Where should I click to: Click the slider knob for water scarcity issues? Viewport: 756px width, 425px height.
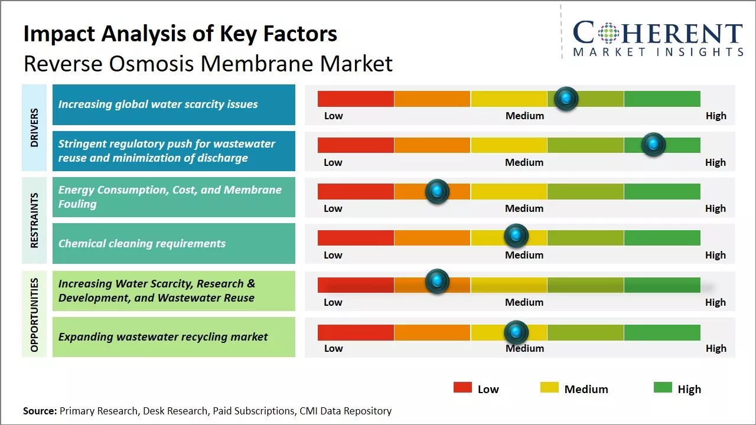(566, 99)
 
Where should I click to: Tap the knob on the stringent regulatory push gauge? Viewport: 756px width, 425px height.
(653, 145)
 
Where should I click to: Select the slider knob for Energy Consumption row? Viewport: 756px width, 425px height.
(437, 191)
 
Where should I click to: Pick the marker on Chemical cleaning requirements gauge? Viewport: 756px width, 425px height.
(516, 236)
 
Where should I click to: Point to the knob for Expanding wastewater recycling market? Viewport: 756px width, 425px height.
(516, 332)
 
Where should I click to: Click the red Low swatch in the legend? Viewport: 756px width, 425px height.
(462, 388)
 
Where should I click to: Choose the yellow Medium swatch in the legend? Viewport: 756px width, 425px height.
(549, 388)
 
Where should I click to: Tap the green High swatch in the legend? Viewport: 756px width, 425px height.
(663, 388)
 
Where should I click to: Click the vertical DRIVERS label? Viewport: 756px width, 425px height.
(34, 127)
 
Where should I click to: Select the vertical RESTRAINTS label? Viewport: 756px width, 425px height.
(34, 220)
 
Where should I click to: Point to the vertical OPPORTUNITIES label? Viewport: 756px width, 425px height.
(34, 315)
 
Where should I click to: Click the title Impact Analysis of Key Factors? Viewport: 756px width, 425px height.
(180, 34)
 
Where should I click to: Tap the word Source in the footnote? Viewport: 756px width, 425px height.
(40, 411)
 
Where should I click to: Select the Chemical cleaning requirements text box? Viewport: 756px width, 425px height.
(174, 243)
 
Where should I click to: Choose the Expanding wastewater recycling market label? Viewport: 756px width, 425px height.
(163, 337)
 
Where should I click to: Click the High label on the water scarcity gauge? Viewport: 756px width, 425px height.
(716, 116)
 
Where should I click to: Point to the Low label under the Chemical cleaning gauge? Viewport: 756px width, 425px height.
(333, 255)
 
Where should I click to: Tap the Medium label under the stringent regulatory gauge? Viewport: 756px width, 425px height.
(524, 162)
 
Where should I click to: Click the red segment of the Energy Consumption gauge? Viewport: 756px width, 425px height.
(356, 191)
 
